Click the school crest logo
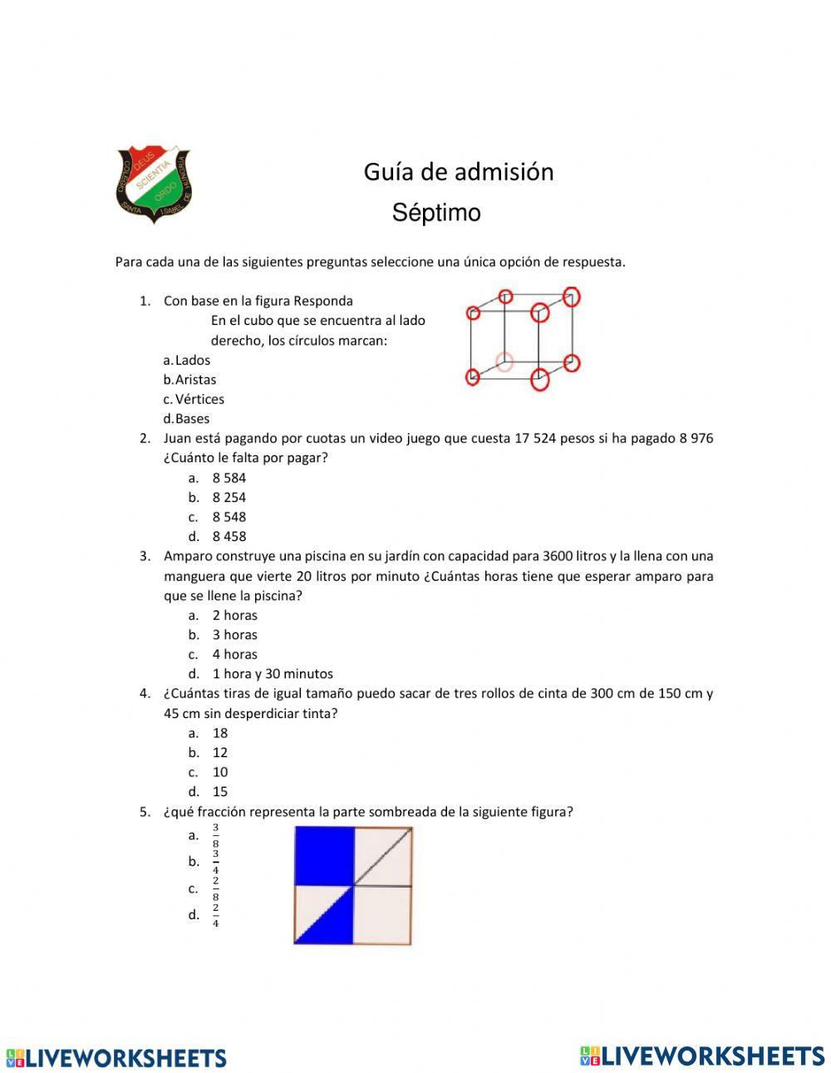pos(154,185)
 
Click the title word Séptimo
pos(436,213)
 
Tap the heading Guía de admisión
pos(459,172)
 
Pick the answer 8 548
pos(229,517)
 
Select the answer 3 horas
pos(234,635)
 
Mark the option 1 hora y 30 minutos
pos(272,674)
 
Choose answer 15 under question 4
pos(219,792)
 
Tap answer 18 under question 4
pos(219,733)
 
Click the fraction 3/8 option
pos(215,835)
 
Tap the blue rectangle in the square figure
pos(324,856)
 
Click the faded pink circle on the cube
pos(504,362)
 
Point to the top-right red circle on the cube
pos(571,297)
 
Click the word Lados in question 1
pos(192,360)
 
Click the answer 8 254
pos(229,498)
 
